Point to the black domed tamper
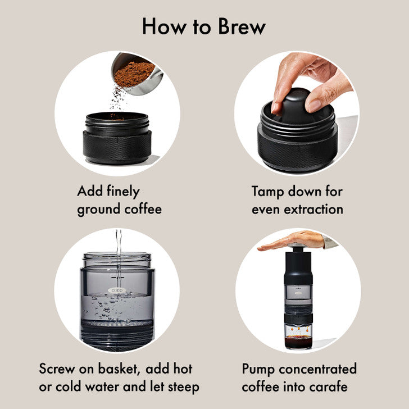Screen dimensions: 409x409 pos(298,107)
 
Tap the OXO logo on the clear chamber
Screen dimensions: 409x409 pos(117,290)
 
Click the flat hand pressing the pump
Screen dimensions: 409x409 pos(292,242)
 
